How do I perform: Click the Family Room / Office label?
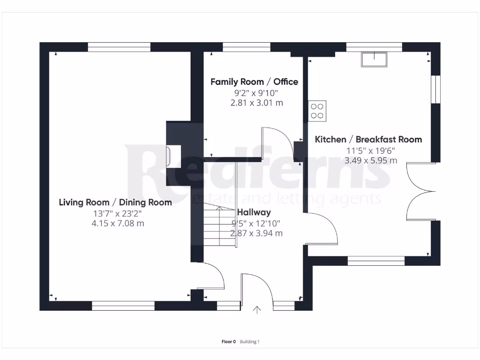point(254,82)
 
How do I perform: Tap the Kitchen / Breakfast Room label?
point(368,139)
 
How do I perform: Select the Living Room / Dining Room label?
point(115,202)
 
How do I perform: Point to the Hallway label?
point(254,213)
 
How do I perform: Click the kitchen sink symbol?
point(374,59)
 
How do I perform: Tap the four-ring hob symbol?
point(317,110)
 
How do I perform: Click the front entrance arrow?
point(257,309)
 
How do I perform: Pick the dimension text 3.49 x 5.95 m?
point(371,160)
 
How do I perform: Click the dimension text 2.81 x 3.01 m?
point(256,103)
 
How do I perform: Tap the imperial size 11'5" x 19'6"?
point(371,150)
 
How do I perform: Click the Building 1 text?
point(249,342)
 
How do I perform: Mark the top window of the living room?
point(119,47)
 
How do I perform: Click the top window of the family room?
point(247,47)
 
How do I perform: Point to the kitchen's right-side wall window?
point(435,89)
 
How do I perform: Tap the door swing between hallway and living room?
point(211,276)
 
